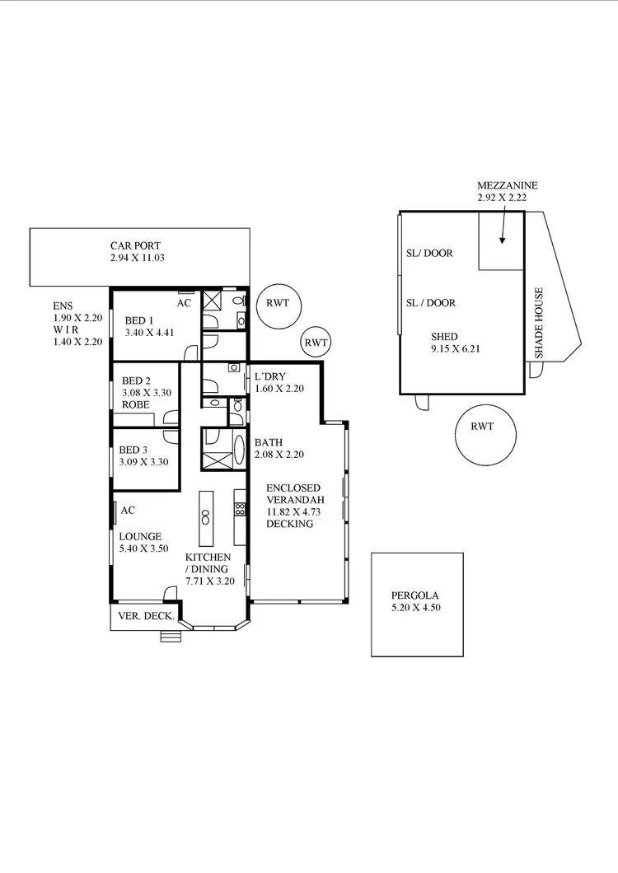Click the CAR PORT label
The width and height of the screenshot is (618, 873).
(x=136, y=245)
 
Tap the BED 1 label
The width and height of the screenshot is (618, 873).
(x=139, y=320)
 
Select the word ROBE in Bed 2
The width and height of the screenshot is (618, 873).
(x=135, y=405)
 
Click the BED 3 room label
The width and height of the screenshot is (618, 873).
(x=133, y=450)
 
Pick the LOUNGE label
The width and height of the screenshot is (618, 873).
(x=139, y=535)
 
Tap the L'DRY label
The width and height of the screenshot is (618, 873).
(x=269, y=376)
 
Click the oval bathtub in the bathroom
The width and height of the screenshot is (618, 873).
(x=239, y=451)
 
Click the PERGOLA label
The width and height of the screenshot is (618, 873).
(x=416, y=596)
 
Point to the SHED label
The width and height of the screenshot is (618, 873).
(x=445, y=337)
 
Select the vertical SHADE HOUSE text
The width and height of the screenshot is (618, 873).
(x=539, y=322)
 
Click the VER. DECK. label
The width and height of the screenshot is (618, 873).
(x=146, y=616)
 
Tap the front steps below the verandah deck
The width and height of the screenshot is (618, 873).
(x=170, y=636)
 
